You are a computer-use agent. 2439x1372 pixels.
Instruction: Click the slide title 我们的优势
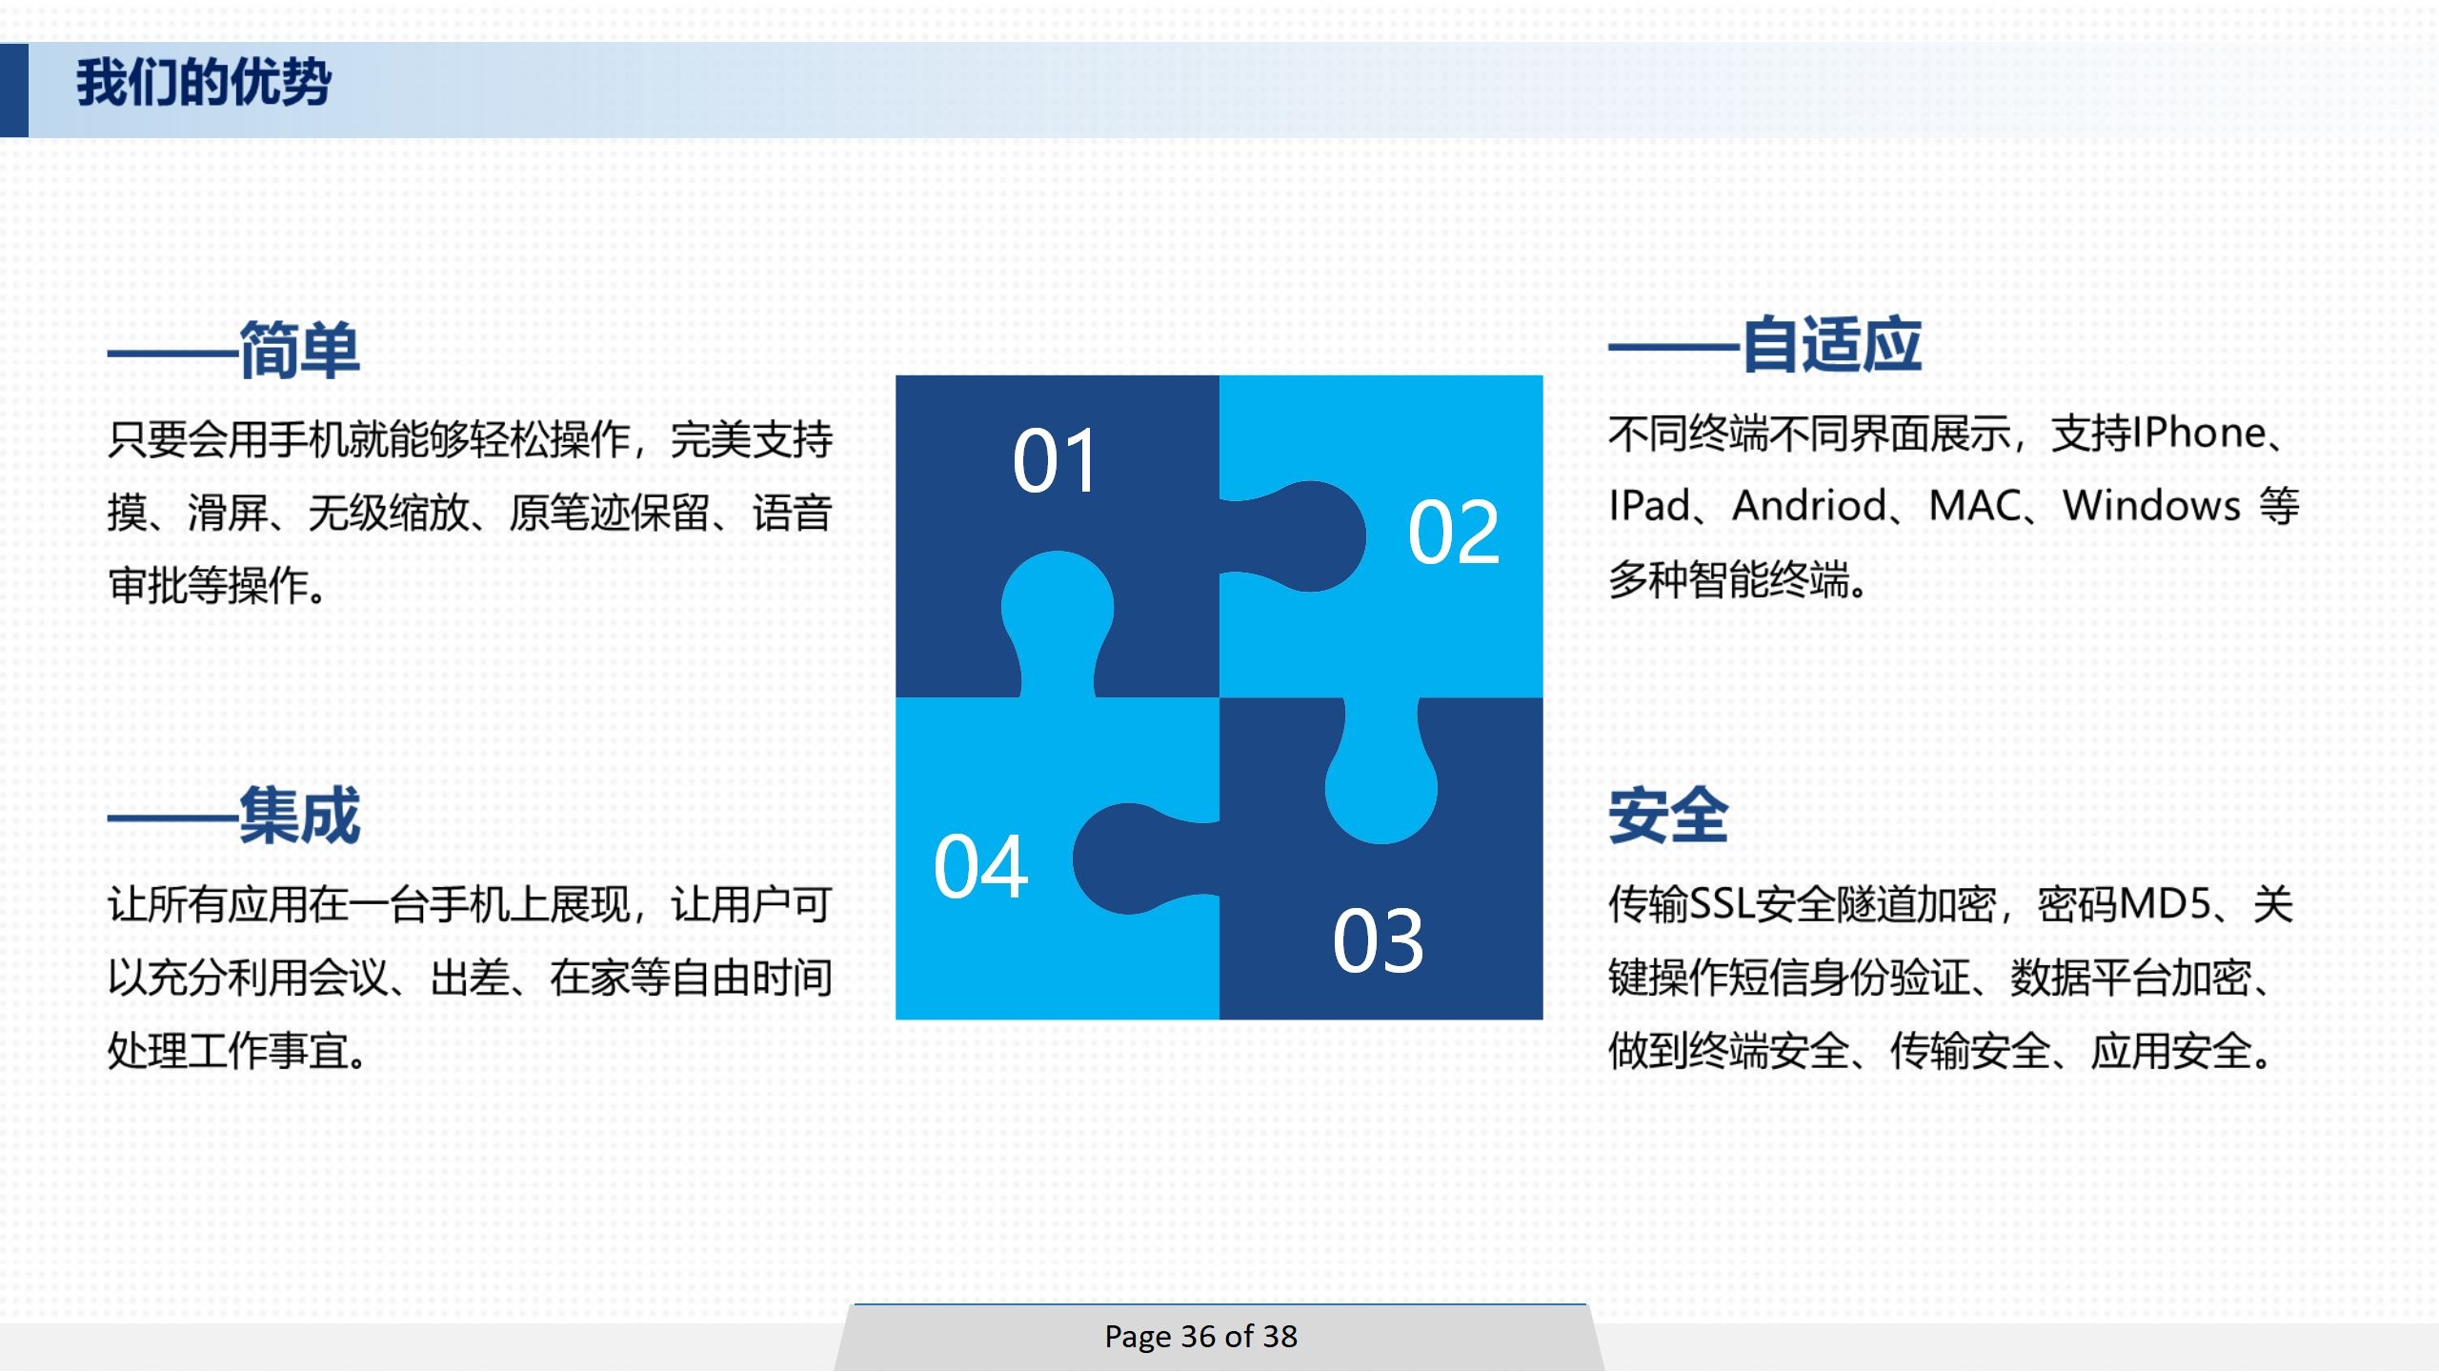click(204, 82)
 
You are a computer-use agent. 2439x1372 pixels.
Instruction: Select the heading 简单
click(299, 350)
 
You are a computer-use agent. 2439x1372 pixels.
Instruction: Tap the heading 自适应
click(1832, 344)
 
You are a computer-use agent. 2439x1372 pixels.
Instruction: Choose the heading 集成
click(299, 815)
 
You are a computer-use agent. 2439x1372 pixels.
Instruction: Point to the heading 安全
click(1668, 815)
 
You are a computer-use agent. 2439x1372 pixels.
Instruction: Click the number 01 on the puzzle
click(1055, 461)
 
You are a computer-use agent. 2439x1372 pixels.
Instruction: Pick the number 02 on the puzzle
click(1454, 533)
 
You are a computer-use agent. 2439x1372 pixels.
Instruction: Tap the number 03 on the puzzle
click(1378, 941)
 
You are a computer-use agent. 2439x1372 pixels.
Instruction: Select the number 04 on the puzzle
click(981, 867)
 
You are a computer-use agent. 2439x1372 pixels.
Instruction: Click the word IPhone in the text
click(2199, 434)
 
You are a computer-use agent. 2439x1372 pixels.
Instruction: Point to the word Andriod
click(1809, 505)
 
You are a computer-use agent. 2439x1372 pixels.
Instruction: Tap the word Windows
click(2152, 505)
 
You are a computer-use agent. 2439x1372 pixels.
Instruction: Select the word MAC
click(1975, 505)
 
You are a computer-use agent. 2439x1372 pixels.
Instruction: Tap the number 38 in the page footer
click(1280, 1336)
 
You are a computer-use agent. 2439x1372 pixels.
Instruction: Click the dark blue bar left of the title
click(14, 90)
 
